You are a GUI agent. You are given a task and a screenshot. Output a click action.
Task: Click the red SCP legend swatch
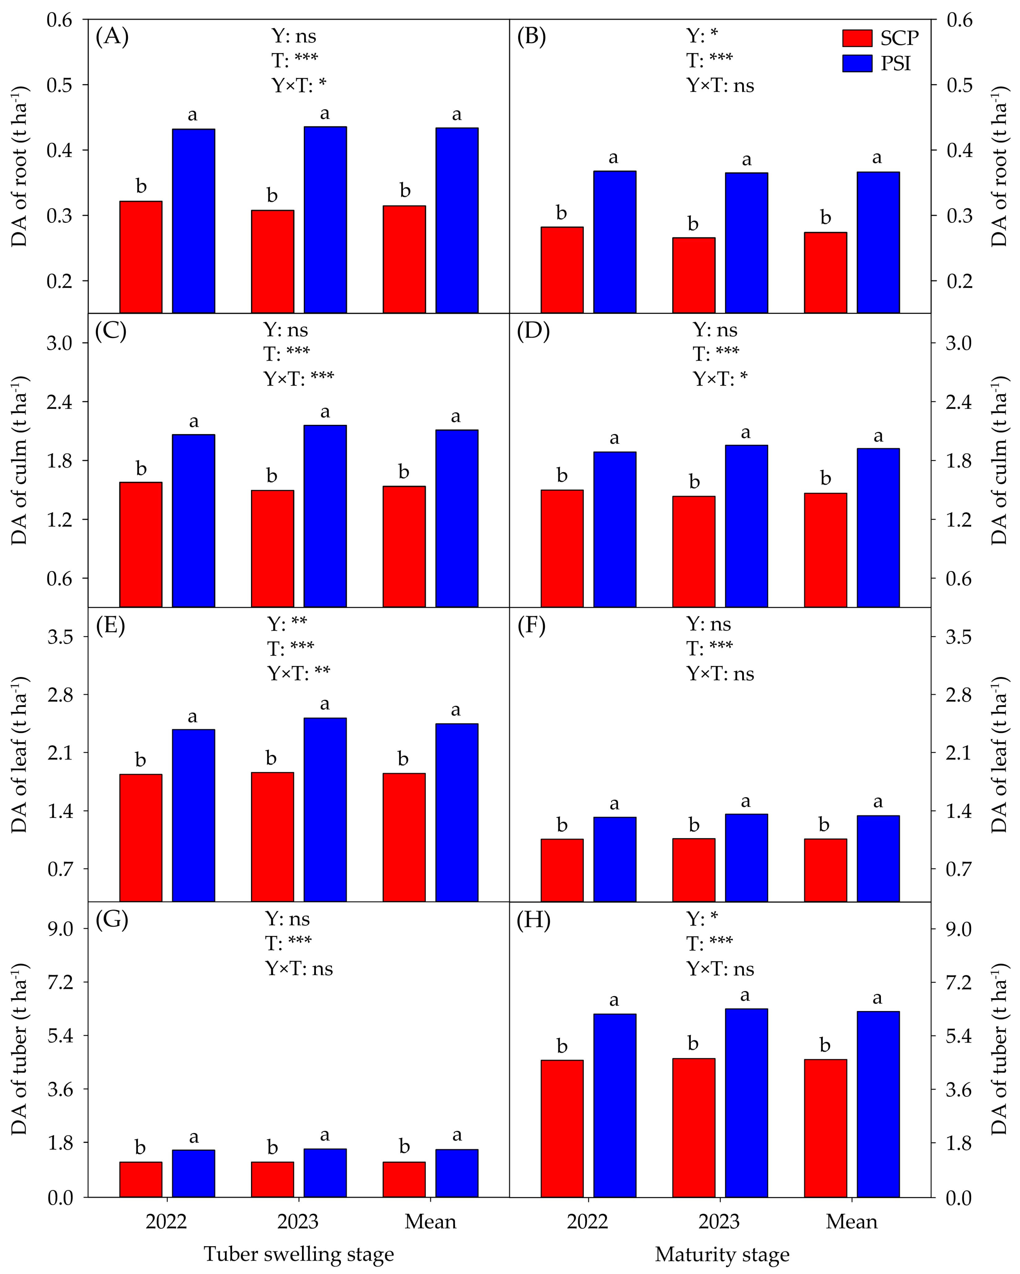pyautogui.click(x=857, y=38)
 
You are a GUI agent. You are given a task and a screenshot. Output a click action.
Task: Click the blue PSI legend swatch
pyautogui.click(x=857, y=63)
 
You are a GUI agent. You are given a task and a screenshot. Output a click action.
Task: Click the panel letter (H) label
pyautogui.click(x=533, y=920)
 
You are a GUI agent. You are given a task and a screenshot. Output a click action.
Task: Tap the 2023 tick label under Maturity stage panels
pyautogui.click(x=719, y=1221)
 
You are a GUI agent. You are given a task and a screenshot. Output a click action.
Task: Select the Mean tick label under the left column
pyautogui.click(x=430, y=1221)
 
